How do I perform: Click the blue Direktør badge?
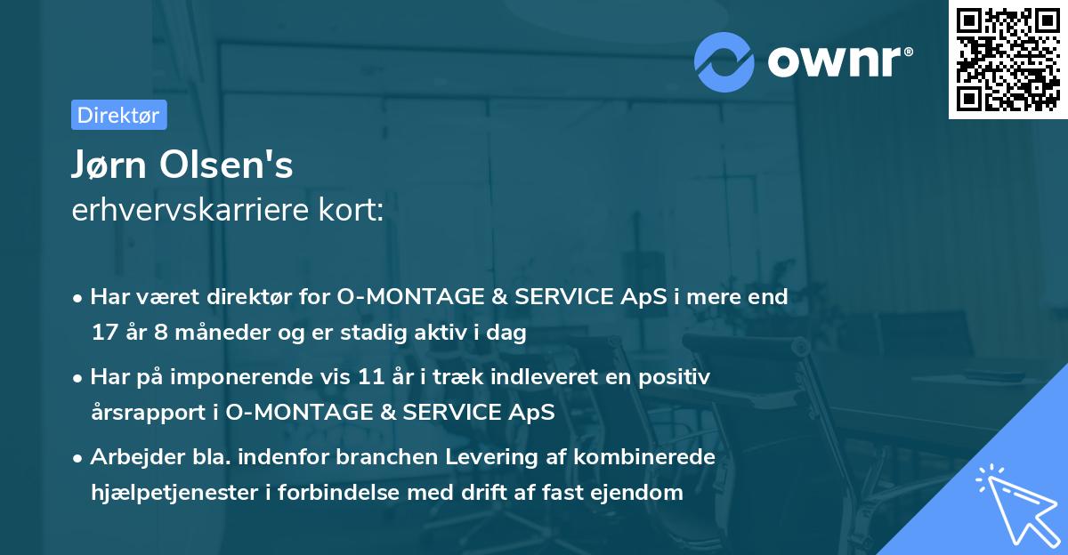(x=118, y=115)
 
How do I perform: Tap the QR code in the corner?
(x=1007, y=60)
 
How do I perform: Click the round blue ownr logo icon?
(x=724, y=62)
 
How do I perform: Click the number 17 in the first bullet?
(x=103, y=334)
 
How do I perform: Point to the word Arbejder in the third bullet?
(x=129, y=457)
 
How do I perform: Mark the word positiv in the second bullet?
(x=676, y=377)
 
